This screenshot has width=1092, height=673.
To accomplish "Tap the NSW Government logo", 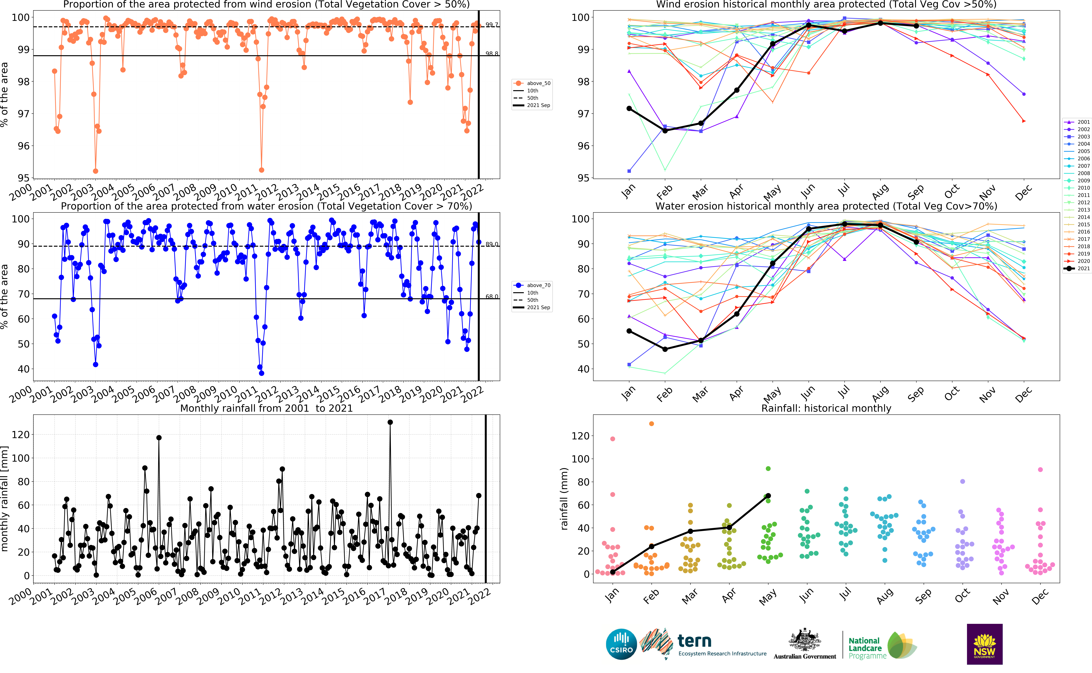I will pyautogui.click(x=984, y=644).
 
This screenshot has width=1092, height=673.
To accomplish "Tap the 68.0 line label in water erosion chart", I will pyautogui.click(x=492, y=296).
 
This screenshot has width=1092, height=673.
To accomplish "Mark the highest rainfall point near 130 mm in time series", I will pyautogui.click(x=390, y=422).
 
